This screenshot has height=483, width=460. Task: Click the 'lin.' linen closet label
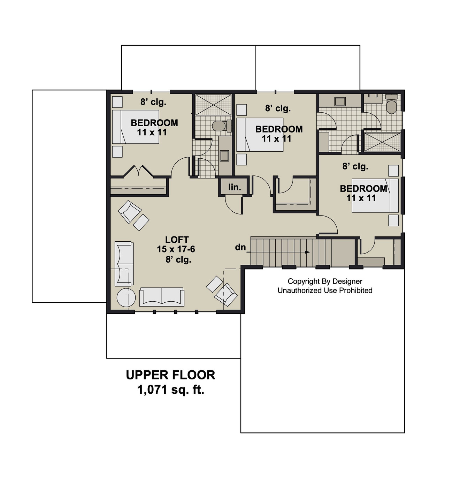[x=235, y=187]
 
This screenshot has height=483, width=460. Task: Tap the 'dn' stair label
[x=240, y=247]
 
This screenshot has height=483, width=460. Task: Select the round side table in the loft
[x=126, y=297]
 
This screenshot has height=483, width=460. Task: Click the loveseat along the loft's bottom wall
[x=162, y=297]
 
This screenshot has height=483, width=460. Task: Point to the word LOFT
[x=177, y=240]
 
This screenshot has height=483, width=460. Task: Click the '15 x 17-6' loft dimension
[x=176, y=249]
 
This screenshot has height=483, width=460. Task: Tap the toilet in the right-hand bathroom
[x=392, y=105]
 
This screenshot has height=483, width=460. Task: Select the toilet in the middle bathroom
[x=220, y=126]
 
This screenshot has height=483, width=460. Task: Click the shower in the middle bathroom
[x=213, y=104]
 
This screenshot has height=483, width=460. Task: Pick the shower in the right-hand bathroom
[x=382, y=142]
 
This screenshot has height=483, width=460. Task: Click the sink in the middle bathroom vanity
[x=224, y=156]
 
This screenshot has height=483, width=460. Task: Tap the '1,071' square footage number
[x=152, y=390]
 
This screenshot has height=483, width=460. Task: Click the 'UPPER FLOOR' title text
[x=170, y=375]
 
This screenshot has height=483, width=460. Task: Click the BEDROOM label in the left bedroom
[x=154, y=123]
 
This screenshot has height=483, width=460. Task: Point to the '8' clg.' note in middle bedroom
[x=278, y=108]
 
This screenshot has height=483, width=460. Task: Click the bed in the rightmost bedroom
[x=375, y=195]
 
